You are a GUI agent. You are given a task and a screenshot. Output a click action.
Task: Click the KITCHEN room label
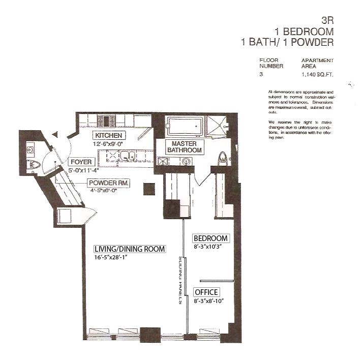tap(108, 135)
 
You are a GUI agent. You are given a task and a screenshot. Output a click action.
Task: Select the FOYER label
tap(81, 162)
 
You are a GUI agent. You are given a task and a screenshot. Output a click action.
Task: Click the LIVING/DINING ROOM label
tap(130, 249)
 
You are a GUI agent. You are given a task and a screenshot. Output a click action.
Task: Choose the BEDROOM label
tap(210, 238)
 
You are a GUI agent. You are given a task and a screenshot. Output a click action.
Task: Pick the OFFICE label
tap(206, 292)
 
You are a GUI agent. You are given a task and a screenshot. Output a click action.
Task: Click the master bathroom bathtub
tap(185, 126)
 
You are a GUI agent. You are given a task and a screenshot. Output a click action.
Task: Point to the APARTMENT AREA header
tap(317, 63)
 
